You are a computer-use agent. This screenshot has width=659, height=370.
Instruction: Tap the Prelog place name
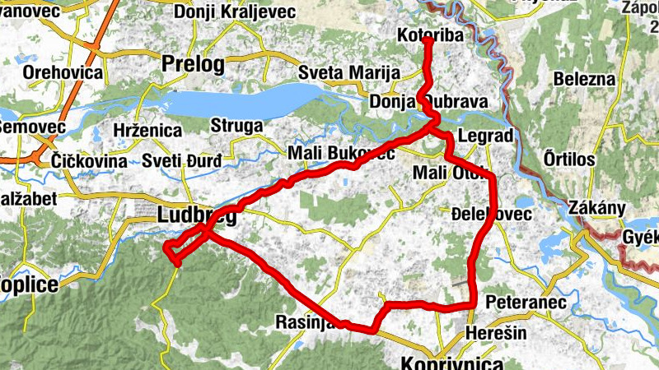point(194,63)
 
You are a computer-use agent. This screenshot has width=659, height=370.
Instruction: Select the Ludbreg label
point(196,216)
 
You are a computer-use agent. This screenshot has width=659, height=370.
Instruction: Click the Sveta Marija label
point(343,72)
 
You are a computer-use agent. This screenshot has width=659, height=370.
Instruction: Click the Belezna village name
point(585,80)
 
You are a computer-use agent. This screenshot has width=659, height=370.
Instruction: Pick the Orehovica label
point(63,72)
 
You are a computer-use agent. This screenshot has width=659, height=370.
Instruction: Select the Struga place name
point(236,126)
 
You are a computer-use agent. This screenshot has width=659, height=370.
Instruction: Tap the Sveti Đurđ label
point(181,160)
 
